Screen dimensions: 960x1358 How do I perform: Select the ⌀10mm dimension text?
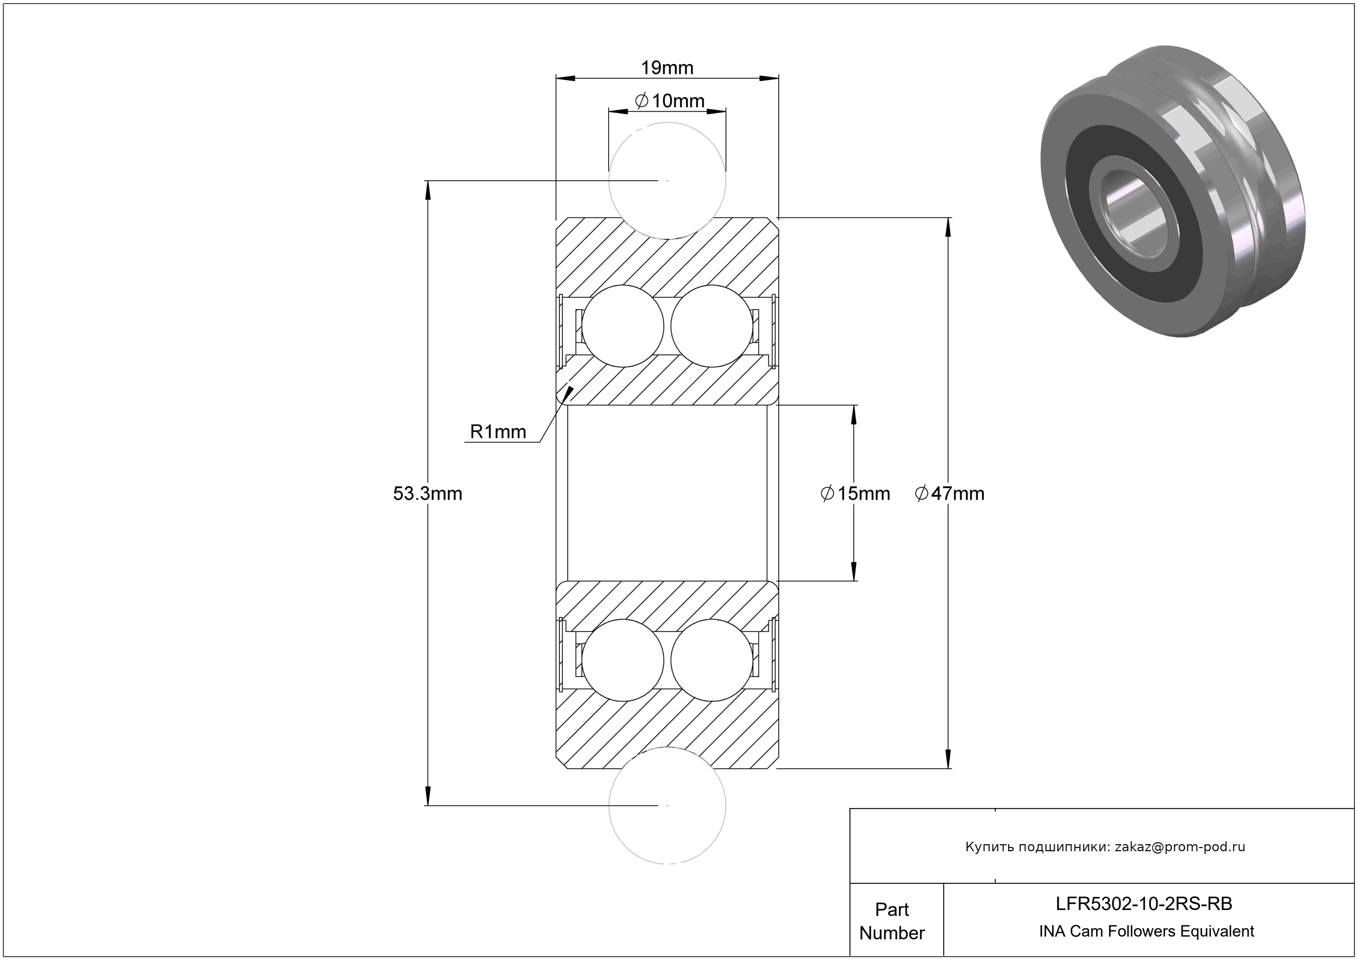[670, 101]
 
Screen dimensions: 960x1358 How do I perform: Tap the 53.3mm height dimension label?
[428, 493]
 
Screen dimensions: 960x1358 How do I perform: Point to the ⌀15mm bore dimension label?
[855, 493]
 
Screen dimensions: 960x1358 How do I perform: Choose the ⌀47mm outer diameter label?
[950, 493]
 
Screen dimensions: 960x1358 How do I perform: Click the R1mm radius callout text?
[497, 432]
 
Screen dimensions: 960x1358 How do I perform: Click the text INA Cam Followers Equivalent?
[1146, 931]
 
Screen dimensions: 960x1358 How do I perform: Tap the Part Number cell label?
[891, 921]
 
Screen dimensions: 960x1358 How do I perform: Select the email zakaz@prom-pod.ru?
[1179, 847]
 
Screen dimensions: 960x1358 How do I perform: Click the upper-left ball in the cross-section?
[623, 326]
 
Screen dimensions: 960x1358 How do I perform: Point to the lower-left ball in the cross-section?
[623, 660]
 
